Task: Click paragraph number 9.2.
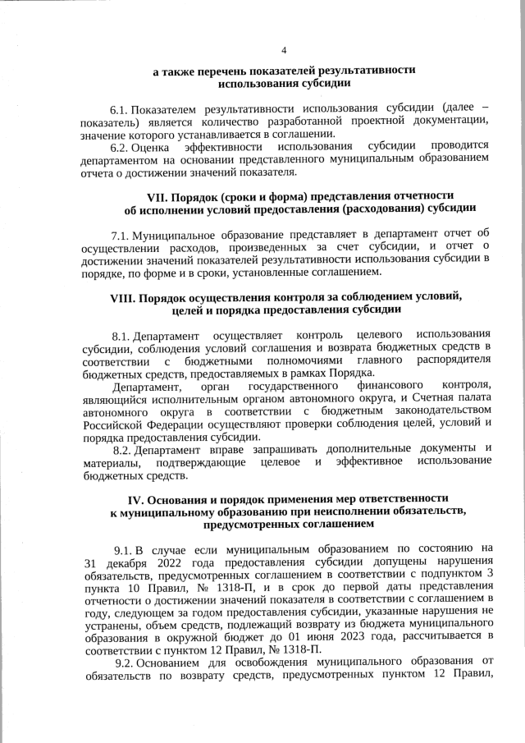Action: pos(126,663)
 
